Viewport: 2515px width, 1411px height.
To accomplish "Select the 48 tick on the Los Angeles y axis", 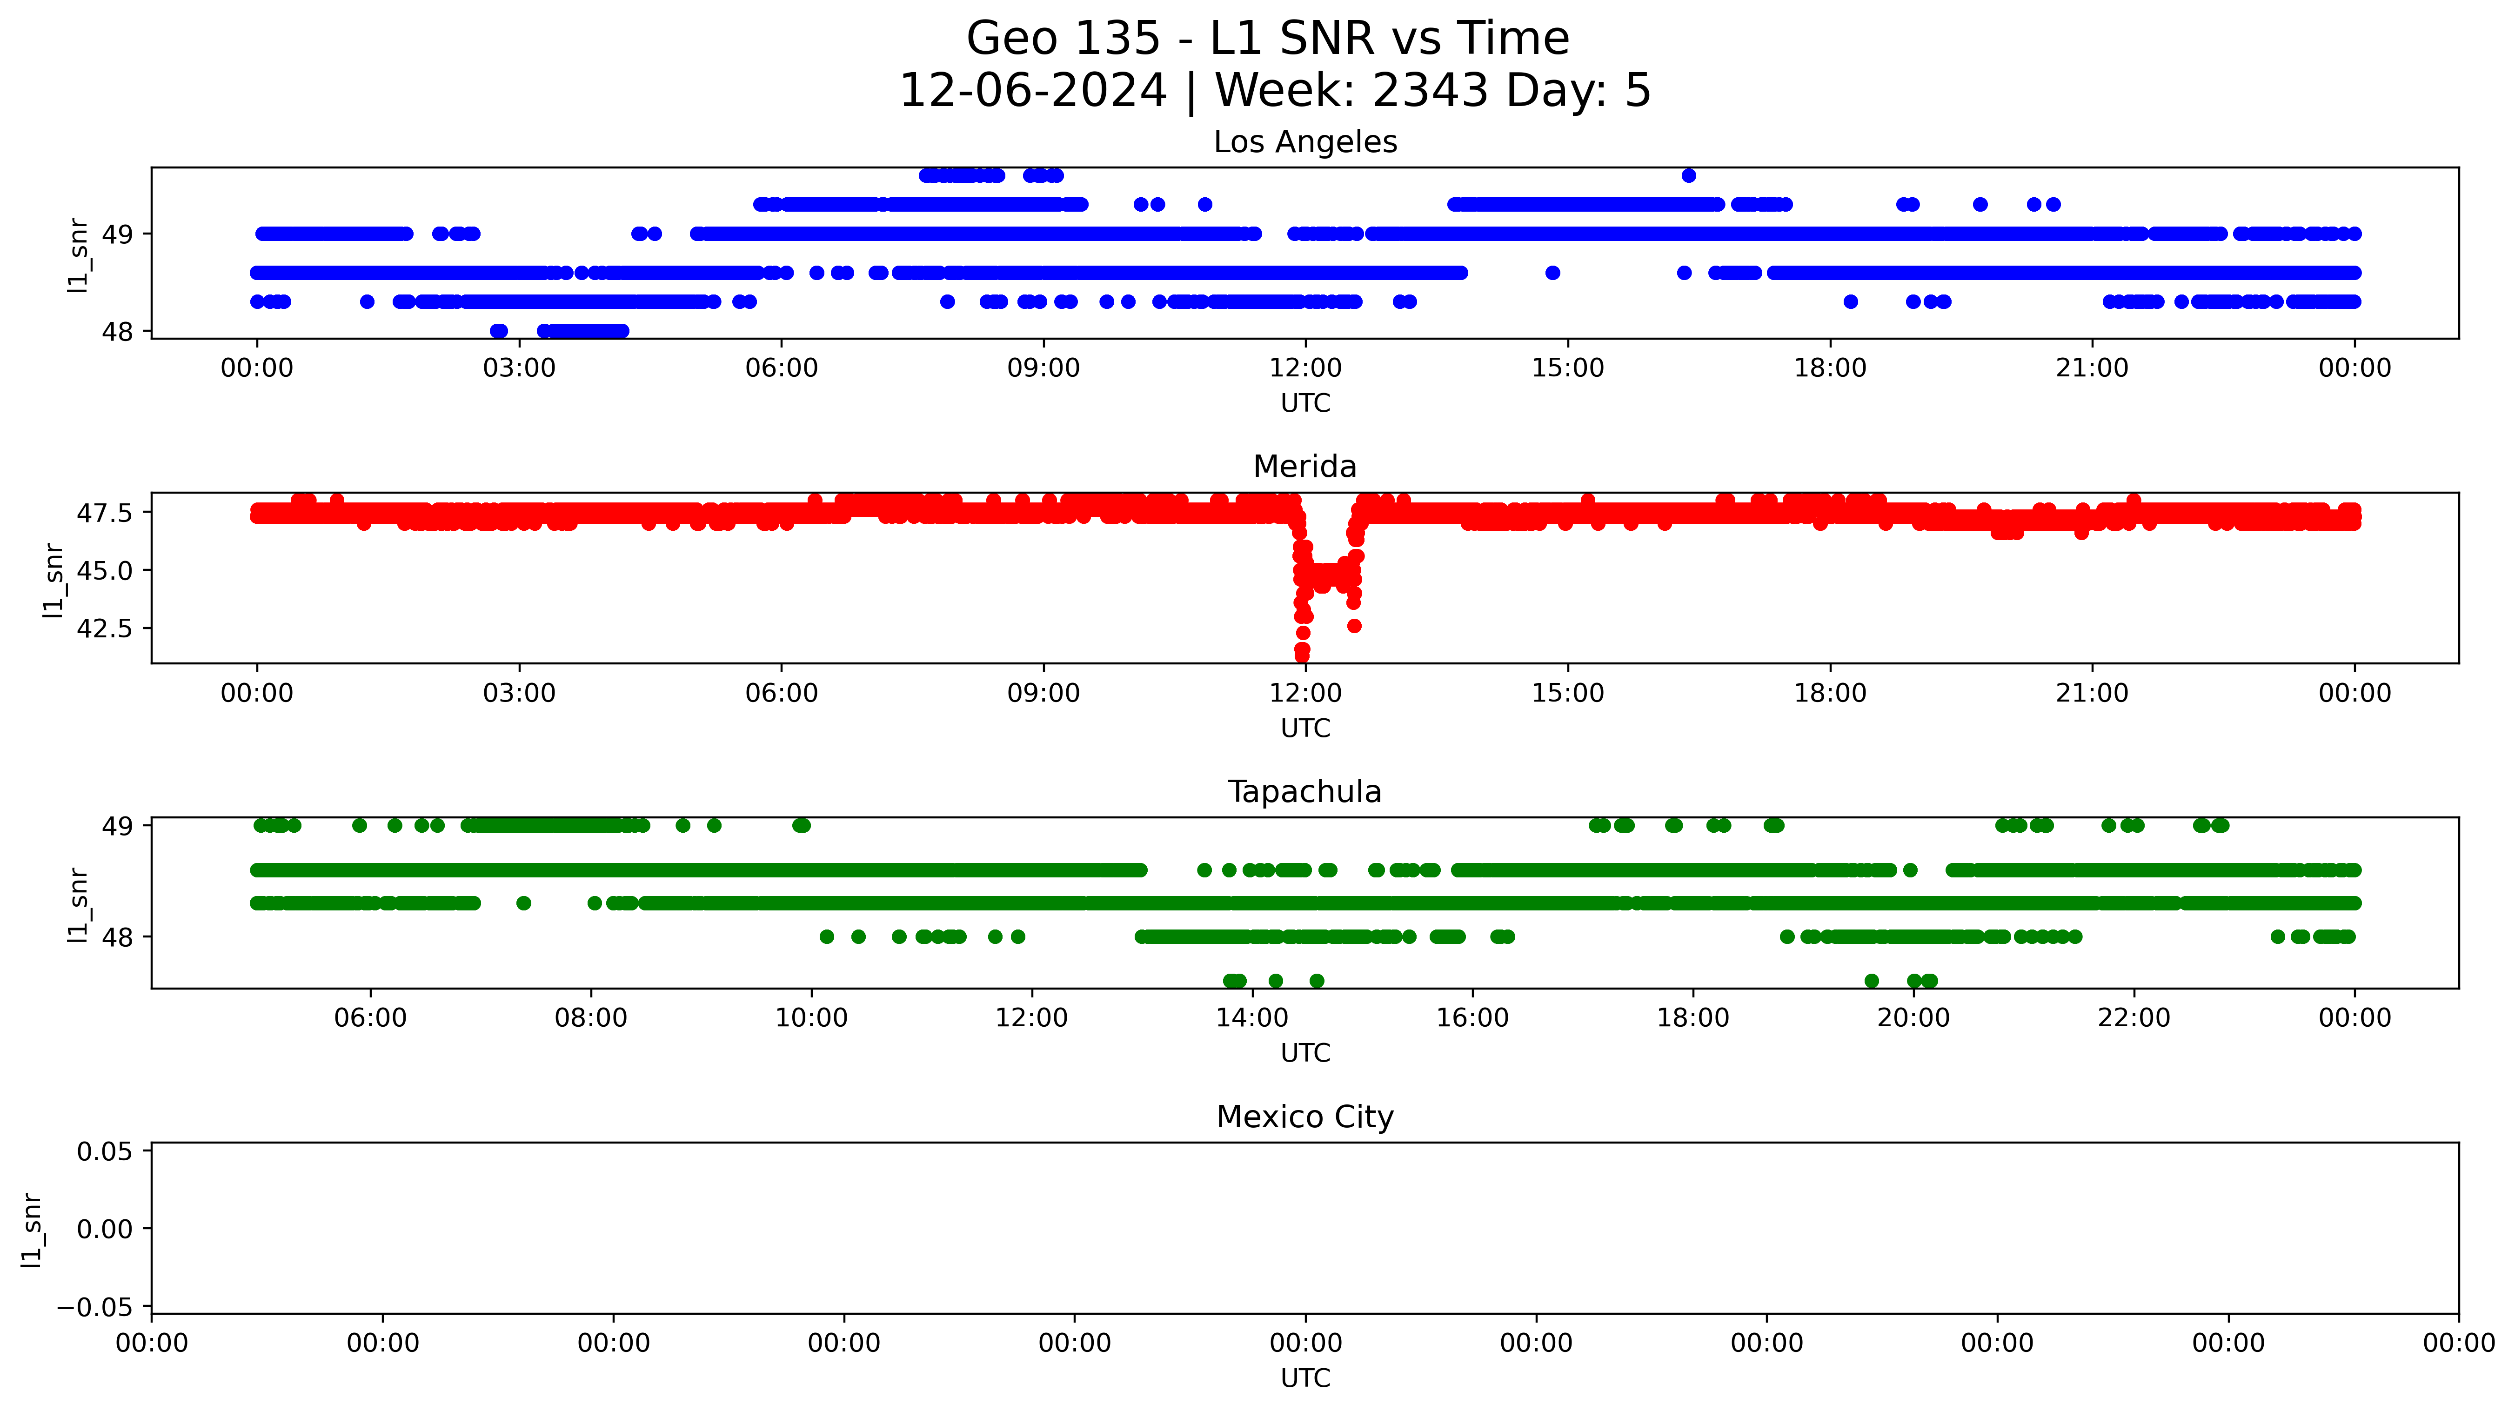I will (117, 332).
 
